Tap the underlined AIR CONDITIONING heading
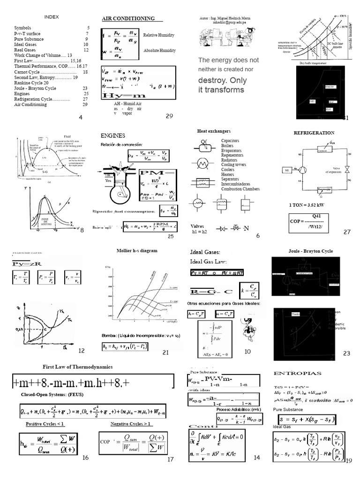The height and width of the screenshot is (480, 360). [x=128, y=18]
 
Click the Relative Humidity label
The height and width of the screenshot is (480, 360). [x=159, y=35]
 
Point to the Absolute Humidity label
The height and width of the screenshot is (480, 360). [x=159, y=50]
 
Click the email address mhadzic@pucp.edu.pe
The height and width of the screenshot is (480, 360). [x=226, y=22]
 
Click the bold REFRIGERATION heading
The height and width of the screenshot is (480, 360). [x=314, y=133]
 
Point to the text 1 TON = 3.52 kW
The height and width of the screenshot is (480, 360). [x=306, y=205]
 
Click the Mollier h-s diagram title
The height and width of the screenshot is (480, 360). [x=137, y=251]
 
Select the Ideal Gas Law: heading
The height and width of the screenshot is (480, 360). [x=209, y=261]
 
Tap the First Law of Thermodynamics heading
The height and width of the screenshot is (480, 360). [x=78, y=366]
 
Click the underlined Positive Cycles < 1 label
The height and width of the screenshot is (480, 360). [x=45, y=424]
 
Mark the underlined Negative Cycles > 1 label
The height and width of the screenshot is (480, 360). [x=131, y=424]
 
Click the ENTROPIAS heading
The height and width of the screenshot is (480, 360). [x=297, y=373]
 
